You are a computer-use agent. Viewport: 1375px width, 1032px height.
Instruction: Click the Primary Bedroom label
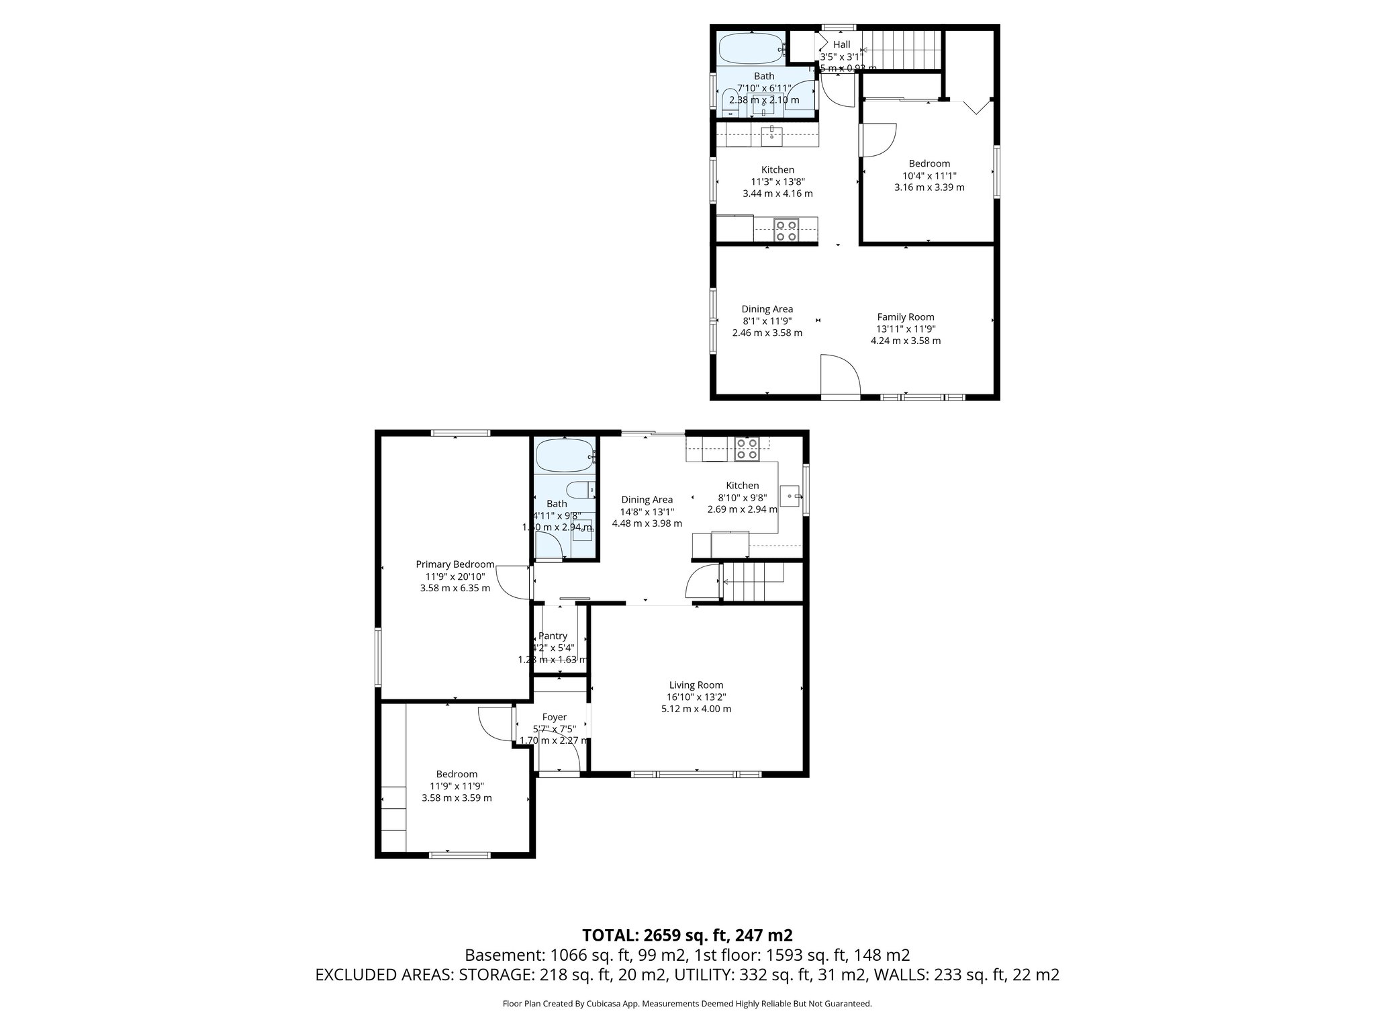[x=455, y=564]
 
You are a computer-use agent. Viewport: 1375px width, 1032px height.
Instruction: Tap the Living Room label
[x=696, y=685]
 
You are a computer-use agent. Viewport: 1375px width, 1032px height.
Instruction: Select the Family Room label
[x=905, y=316]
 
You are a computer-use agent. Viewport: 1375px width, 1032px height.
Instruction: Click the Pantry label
[x=553, y=636]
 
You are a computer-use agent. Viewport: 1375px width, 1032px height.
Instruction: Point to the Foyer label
[x=554, y=717]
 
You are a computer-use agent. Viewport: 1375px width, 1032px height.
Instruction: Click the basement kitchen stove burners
[x=786, y=230]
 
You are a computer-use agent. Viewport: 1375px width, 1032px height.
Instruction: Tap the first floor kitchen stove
[x=747, y=448]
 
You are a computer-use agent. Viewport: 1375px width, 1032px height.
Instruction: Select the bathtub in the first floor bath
[x=565, y=456]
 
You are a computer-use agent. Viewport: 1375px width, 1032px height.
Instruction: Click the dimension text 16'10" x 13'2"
[x=696, y=697]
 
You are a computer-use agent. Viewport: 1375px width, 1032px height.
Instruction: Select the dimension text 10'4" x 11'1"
[x=929, y=175]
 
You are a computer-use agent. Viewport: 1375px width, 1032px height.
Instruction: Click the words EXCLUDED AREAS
[x=383, y=975]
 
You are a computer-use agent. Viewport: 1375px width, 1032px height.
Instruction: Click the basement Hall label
[x=841, y=44]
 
